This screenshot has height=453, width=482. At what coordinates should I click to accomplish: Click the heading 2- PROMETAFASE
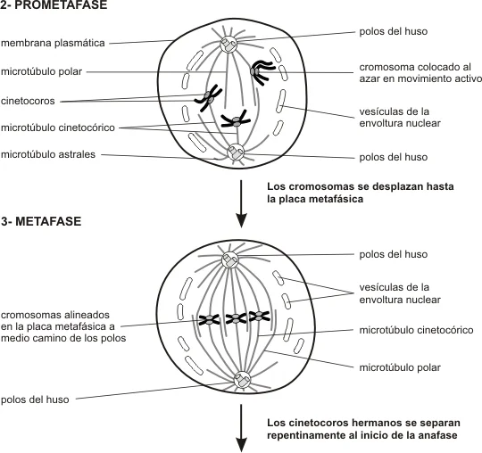pos(54,5)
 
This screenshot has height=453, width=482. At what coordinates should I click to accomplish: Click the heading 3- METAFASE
pos(41,221)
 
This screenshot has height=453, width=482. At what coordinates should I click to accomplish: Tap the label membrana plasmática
pos(53,43)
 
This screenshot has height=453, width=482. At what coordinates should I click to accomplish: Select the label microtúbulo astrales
pos(48,154)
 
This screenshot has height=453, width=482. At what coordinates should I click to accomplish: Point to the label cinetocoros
pos(28,101)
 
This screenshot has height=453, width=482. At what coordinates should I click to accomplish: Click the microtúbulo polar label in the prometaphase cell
pos(41,71)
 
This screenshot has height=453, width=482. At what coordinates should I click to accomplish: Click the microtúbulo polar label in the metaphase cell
pos(400,367)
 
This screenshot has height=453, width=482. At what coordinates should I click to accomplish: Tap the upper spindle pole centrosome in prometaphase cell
pos(229,45)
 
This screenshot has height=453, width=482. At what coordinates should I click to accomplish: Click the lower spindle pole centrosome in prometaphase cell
pos(236,152)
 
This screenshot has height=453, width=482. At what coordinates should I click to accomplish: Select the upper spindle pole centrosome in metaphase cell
pos(230,260)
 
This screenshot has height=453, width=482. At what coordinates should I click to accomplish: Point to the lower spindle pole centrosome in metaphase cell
pos(242,380)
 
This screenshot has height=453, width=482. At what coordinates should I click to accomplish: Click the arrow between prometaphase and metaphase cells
pos(241,203)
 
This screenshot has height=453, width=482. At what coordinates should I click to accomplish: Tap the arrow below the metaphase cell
pos(241,428)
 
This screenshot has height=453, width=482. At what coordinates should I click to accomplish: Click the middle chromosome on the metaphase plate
pos(236,318)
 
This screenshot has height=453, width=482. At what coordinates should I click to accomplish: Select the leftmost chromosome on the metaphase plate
pos(209,320)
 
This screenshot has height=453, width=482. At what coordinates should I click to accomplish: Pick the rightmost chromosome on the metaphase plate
pos(259,316)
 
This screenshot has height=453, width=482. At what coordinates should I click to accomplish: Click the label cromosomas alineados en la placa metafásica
pos(63,326)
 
